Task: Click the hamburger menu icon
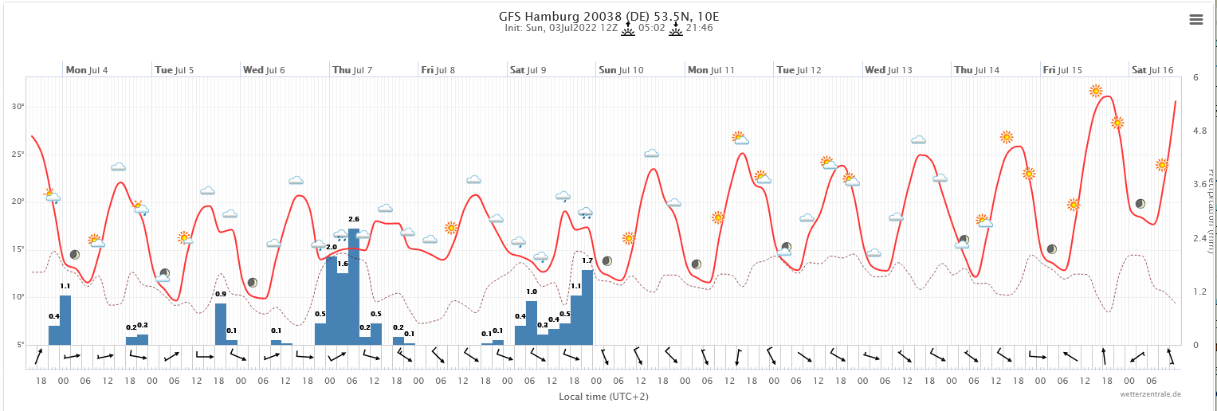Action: coord(1195,20)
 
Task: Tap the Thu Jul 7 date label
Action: coord(351,70)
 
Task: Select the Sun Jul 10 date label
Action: coord(621,70)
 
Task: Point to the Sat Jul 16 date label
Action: coord(1152,70)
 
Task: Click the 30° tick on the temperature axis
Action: coord(18,106)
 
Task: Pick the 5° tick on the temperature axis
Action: coord(19,345)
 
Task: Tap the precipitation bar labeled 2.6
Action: coord(354,287)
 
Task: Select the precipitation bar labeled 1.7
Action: coord(587,307)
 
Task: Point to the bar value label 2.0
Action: coord(332,247)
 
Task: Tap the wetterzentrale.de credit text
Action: coord(1150,394)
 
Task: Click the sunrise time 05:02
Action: coord(650,28)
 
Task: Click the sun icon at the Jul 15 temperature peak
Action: coord(1096,91)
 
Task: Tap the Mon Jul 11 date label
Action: coord(710,70)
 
